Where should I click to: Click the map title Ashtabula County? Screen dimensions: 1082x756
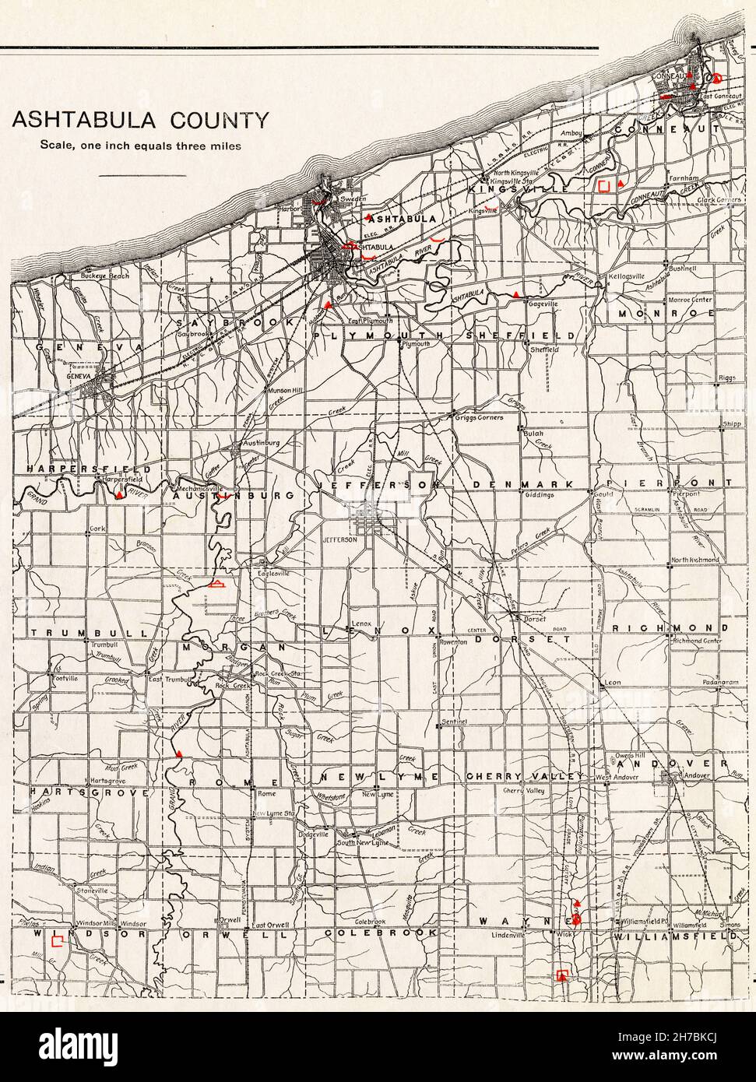pos(141,120)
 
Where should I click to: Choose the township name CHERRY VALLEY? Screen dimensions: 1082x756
pos(524,777)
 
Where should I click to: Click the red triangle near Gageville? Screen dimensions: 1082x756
pos(515,293)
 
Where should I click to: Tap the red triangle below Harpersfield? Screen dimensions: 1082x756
pos(118,494)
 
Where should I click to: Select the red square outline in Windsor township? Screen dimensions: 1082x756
pos(56,941)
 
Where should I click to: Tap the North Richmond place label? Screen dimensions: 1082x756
pos(695,560)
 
